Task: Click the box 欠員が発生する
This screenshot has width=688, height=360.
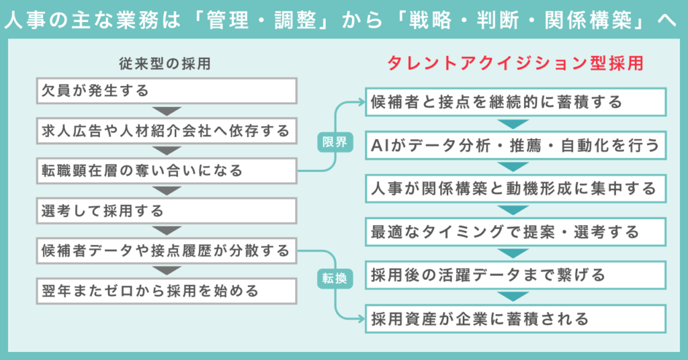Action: (166, 90)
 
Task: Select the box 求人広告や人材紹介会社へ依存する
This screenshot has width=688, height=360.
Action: (166, 130)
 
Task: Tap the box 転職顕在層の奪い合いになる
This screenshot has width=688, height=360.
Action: (166, 171)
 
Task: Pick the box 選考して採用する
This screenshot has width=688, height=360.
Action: (166, 211)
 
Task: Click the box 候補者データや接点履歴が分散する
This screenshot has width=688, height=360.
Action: (166, 251)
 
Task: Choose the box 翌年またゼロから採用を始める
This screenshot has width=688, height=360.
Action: (166, 291)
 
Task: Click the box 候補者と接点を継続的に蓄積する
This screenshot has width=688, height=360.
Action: (515, 102)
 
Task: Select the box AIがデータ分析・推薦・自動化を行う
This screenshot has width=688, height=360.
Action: (515, 145)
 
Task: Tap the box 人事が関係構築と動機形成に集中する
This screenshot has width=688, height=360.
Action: (515, 189)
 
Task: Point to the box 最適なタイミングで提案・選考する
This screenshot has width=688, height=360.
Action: (515, 232)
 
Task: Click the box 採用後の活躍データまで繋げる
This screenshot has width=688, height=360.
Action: (515, 275)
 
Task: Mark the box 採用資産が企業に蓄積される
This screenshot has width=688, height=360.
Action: (515, 318)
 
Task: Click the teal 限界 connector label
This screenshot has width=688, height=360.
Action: (334, 142)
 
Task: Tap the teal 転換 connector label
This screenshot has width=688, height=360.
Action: (334, 278)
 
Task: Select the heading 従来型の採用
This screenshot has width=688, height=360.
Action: (165, 65)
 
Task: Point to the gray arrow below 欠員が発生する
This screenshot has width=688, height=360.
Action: (166, 110)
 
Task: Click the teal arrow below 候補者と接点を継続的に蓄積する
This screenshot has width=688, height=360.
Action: (515, 124)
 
